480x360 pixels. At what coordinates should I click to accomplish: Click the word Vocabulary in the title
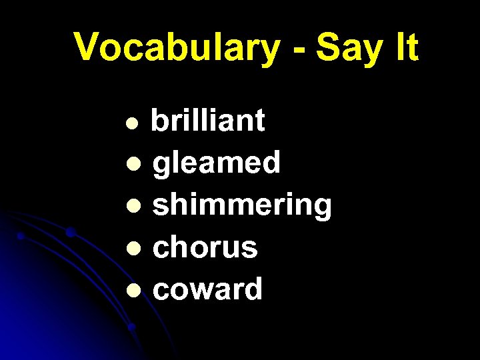click(x=177, y=48)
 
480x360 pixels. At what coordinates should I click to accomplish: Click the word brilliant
click(x=208, y=121)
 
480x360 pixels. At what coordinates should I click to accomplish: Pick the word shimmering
click(x=242, y=207)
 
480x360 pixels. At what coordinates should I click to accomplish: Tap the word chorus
click(x=205, y=248)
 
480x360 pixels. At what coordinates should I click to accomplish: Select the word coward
click(x=208, y=289)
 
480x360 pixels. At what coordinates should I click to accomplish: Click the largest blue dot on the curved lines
click(x=70, y=233)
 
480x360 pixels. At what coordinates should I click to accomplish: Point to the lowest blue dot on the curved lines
click(x=131, y=327)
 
